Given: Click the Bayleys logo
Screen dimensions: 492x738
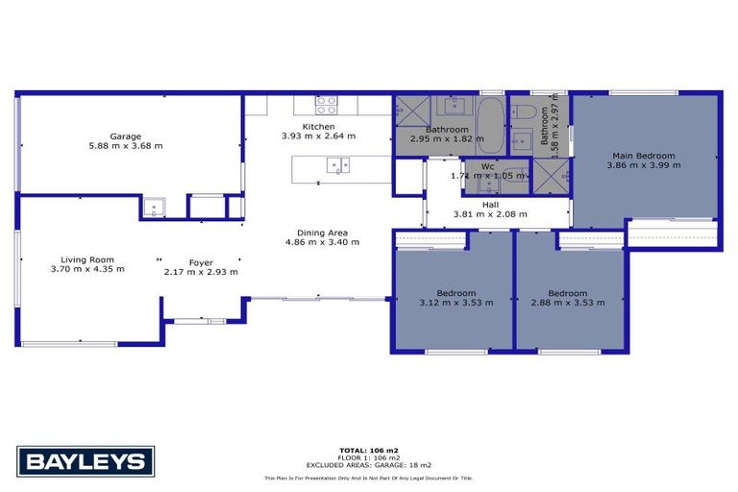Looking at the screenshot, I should (86, 461).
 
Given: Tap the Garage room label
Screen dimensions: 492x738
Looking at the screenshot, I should (126, 136).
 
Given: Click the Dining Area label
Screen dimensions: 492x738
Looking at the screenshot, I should (322, 232).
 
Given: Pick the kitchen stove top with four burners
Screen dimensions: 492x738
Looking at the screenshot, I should (327, 102).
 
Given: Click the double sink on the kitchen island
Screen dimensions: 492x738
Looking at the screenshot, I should (338, 165).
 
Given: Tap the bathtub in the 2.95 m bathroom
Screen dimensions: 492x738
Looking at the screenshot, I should (489, 125).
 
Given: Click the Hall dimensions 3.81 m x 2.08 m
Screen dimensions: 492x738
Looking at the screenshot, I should (490, 214).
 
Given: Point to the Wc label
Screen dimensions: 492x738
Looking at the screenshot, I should (487, 166).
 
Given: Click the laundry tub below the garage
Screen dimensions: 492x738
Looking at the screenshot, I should (153, 206).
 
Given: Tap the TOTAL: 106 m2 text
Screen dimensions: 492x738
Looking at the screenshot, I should (368, 450).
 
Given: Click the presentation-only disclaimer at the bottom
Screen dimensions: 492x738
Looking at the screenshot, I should (368, 478).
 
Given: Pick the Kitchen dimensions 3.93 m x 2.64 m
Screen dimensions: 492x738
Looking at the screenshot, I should (318, 136).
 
